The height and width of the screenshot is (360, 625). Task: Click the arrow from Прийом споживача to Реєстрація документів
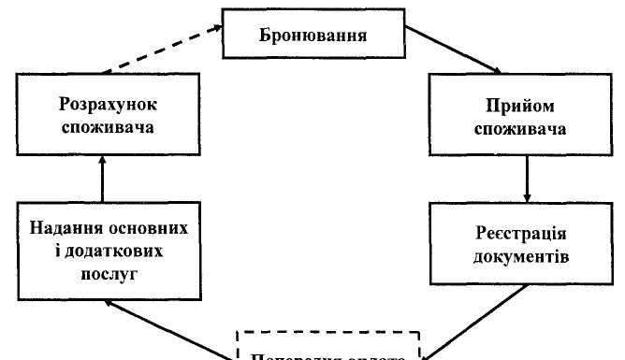(x=529, y=178)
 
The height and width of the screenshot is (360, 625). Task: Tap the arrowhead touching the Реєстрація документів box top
(x=529, y=197)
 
